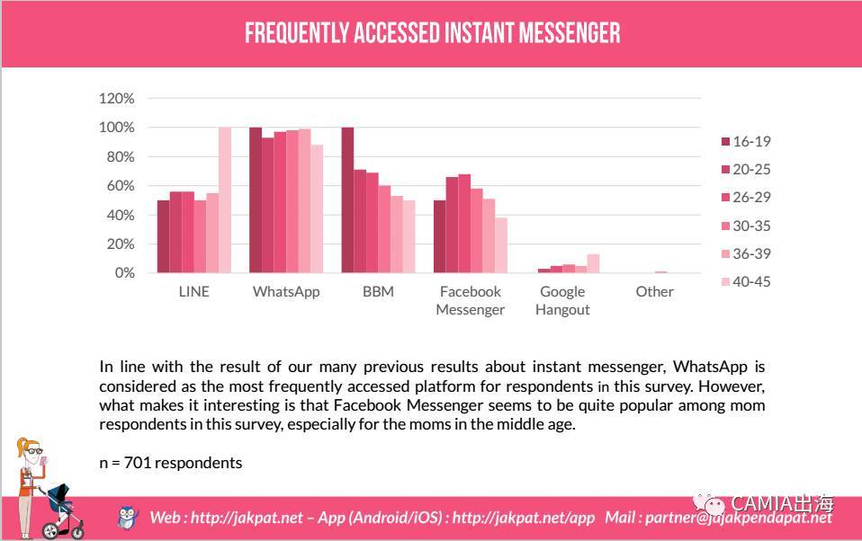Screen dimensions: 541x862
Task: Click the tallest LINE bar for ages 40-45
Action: (225, 200)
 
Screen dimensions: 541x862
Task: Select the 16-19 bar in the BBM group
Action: (347, 200)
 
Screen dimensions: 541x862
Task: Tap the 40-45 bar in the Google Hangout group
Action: (593, 263)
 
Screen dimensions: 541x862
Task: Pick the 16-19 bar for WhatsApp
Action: (256, 200)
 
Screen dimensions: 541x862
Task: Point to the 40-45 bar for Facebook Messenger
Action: (501, 244)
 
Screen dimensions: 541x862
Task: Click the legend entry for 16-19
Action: (746, 141)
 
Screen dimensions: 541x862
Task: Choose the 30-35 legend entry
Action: (746, 226)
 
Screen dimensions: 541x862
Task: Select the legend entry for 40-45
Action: (746, 281)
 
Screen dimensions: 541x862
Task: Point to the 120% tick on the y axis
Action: (117, 98)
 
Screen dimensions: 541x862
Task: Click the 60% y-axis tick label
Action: (121, 185)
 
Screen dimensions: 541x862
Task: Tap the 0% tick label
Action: (124, 272)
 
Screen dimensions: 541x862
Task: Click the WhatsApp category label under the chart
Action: (286, 291)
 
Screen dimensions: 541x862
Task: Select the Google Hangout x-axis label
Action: (562, 300)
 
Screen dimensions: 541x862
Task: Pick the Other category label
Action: (654, 291)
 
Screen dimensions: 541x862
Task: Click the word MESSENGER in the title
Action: (566, 34)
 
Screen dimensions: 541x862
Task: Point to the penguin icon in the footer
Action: (129, 517)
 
